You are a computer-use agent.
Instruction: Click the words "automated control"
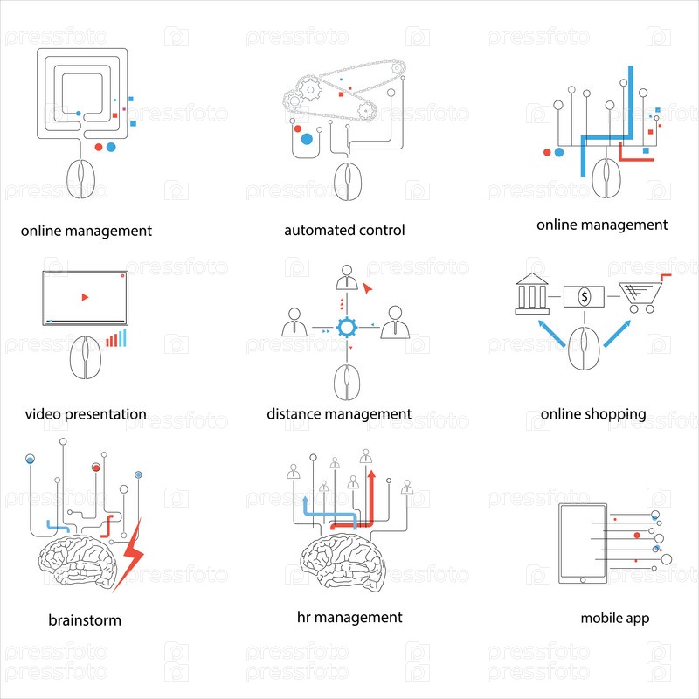344,231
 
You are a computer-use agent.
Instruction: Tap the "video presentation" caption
86,413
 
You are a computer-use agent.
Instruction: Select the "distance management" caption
339,413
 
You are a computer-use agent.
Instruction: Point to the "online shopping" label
593,413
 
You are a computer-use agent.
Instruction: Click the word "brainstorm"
85,620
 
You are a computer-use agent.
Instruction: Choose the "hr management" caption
349,617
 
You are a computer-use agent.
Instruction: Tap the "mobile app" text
615,618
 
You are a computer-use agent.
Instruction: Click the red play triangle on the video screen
85,297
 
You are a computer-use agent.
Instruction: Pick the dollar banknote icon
585,297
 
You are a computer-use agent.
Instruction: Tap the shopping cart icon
640,295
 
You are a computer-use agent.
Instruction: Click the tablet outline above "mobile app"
582,543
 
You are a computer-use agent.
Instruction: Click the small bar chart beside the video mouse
115,339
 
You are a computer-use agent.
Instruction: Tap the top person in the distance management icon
348,277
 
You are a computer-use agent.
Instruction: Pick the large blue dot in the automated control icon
307,138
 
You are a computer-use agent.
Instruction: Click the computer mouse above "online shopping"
584,348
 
